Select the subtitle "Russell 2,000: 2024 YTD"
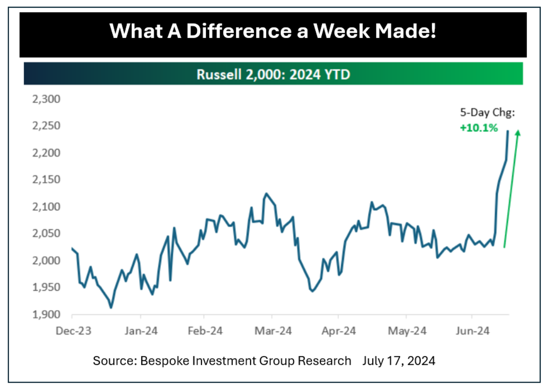click(x=273, y=74)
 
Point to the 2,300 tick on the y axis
click(x=47, y=99)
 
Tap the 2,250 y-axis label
click(x=47, y=126)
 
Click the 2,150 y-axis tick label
click(x=47, y=180)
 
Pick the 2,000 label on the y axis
click(x=47, y=261)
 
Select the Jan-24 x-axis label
click(x=140, y=331)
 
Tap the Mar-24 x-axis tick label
click(x=273, y=331)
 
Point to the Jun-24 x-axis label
click(x=472, y=331)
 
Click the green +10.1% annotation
click(x=479, y=128)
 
